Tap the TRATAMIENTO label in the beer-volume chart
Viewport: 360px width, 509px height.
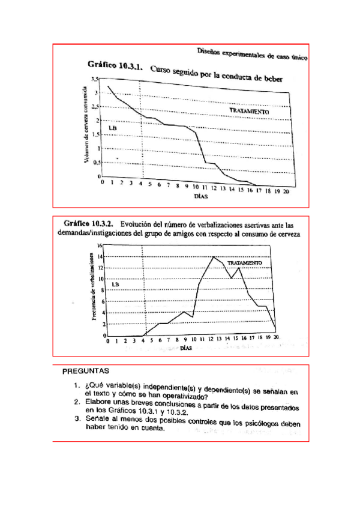pyautogui.click(x=249, y=112)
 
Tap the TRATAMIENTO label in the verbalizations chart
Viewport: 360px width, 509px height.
pyautogui.click(x=244, y=263)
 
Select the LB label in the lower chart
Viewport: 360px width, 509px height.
pyautogui.click(x=116, y=284)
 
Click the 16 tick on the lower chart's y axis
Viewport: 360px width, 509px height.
pyautogui.click(x=100, y=246)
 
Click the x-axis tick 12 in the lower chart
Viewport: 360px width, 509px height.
pyautogui.click(x=212, y=340)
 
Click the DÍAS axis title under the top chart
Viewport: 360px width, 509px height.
pyautogui.click(x=200, y=195)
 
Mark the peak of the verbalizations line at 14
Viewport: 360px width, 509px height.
pyautogui.click(x=213, y=257)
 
